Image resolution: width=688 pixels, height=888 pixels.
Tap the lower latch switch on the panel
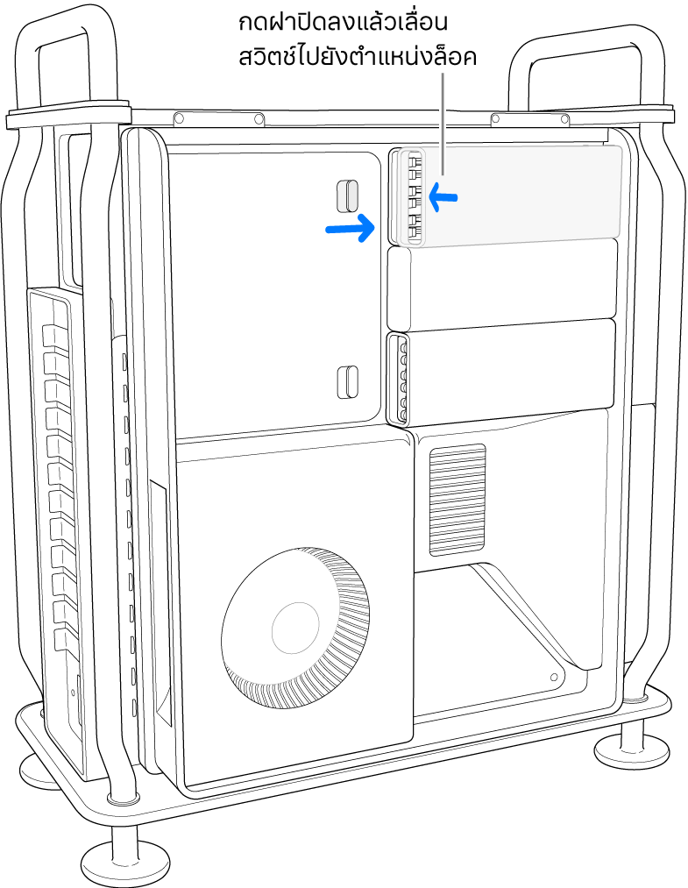[347, 381]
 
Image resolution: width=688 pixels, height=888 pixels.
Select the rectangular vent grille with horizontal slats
[457, 500]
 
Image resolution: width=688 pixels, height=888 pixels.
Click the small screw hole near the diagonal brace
[554, 677]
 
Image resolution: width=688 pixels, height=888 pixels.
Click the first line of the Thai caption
[344, 23]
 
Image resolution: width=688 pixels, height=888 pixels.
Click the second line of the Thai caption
[358, 57]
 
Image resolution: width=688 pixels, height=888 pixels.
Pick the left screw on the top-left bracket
[179, 117]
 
